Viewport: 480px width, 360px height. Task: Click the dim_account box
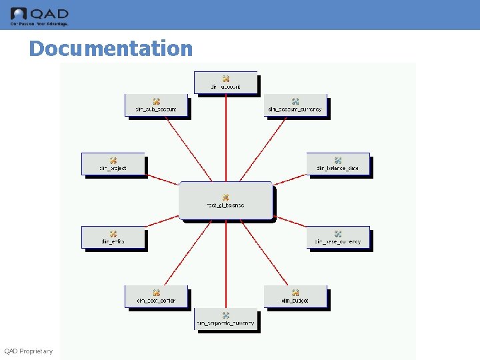[225, 82]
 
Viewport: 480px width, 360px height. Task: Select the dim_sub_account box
[156, 105]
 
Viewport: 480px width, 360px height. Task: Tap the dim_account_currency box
[295, 105]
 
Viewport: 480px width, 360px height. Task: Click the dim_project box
[113, 164]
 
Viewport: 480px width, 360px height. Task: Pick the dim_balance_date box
[337, 164]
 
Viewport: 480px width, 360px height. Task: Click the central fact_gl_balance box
[225, 200]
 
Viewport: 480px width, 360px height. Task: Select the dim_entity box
[113, 237]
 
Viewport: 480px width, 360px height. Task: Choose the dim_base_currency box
[337, 237]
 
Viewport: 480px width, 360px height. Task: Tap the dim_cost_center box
[156, 296]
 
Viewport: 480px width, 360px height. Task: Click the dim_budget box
[295, 296]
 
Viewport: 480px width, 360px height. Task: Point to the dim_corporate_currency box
[225, 319]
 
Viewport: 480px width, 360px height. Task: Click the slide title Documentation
[111, 49]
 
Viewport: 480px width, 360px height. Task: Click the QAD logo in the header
[39, 15]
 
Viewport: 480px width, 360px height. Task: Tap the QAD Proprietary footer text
[29, 351]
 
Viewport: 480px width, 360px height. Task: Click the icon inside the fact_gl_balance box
[226, 197]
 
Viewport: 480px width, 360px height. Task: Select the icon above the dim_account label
[226, 79]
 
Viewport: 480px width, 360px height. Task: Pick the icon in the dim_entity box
[113, 234]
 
